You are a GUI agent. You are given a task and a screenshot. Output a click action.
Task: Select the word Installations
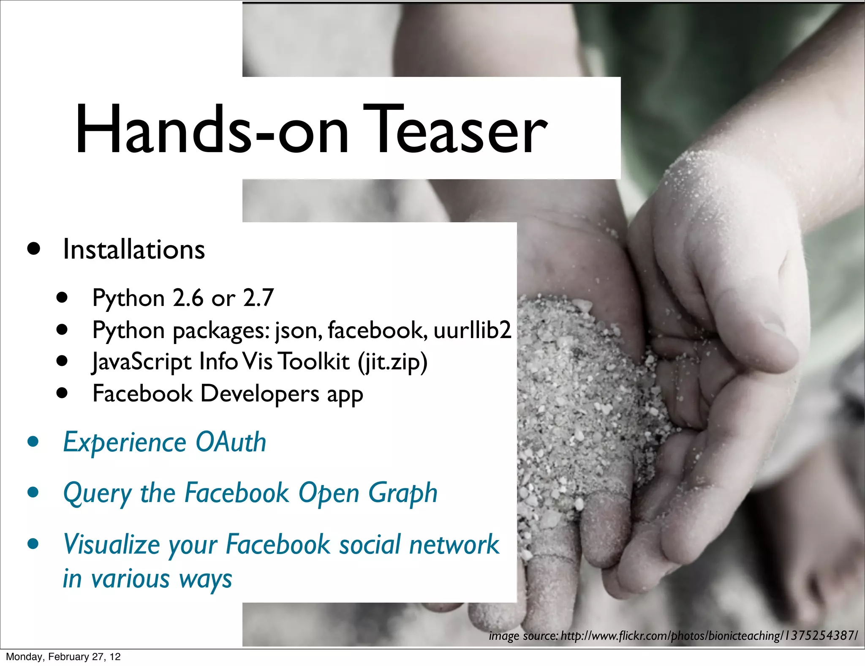[x=134, y=249]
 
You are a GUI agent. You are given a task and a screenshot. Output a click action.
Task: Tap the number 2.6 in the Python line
[x=188, y=298]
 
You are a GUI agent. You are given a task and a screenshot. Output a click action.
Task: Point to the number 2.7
[x=258, y=298]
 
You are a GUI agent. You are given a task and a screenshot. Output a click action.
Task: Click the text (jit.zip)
[x=392, y=362]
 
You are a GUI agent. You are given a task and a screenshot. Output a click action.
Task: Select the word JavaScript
[x=142, y=362]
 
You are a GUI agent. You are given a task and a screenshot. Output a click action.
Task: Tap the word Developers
[x=260, y=394]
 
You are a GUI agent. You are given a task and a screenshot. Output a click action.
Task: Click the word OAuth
[x=231, y=442]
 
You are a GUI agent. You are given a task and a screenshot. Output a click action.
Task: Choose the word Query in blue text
[x=98, y=494]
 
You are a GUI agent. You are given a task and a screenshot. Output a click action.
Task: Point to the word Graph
[x=403, y=494]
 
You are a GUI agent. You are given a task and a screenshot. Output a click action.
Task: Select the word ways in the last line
[x=206, y=579]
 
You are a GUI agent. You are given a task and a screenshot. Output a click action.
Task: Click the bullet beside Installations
[x=33, y=248]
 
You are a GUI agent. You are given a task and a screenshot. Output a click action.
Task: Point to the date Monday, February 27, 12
[x=63, y=657]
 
